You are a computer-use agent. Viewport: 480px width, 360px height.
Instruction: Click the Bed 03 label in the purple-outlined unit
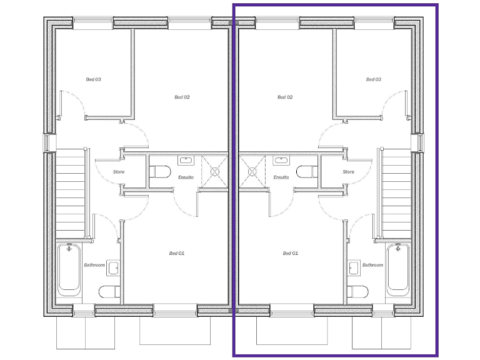[x=374, y=79]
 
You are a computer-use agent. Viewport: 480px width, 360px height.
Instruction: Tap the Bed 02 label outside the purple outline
[x=182, y=97]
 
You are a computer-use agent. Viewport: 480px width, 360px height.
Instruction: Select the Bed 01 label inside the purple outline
[x=291, y=253]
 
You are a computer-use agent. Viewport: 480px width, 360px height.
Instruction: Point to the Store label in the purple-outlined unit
[x=349, y=172]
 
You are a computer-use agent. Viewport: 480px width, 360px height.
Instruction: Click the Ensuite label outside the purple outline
[x=186, y=177]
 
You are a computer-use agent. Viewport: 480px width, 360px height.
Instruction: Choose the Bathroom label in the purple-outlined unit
[x=373, y=265]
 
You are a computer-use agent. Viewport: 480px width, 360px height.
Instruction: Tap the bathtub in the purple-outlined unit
[x=397, y=269]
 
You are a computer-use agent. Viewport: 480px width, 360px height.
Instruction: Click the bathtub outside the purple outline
[x=69, y=269]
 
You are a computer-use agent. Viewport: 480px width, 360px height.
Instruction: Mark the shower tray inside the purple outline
[x=252, y=169]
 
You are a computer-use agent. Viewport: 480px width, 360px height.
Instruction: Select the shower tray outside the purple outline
[x=216, y=169]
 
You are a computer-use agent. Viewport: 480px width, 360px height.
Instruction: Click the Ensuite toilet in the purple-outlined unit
[x=305, y=172]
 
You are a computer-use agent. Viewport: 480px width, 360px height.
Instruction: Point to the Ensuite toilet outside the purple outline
[x=161, y=172]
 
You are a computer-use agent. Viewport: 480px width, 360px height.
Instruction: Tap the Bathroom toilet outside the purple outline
[x=111, y=291]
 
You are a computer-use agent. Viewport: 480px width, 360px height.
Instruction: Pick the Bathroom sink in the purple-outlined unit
[x=354, y=269]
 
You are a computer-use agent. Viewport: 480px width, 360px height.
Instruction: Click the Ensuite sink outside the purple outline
[x=186, y=161]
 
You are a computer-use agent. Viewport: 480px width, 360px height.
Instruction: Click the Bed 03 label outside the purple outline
[x=94, y=79]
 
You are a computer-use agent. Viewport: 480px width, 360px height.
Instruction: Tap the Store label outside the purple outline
[x=119, y=172]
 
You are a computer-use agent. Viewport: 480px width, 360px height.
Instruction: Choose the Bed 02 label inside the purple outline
[x=285, y=97]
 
